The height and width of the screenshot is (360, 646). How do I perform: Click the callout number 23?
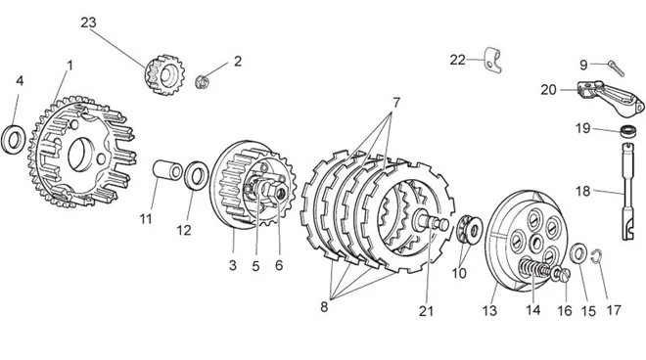click(88, 22)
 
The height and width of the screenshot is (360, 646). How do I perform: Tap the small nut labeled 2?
click(202, 81)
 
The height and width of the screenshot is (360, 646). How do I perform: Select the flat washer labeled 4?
click(14, 140)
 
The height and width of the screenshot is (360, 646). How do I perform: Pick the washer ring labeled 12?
click(196, 176)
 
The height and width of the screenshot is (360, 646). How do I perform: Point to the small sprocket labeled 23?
click(164, 75)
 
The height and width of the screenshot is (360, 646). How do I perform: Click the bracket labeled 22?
click(492, 60)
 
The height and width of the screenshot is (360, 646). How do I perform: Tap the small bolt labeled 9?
click(617, 67)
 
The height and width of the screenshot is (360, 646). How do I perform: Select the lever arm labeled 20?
click(610, 97)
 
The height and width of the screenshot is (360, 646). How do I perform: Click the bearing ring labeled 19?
click(628, 131)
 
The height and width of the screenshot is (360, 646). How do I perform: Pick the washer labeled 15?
click(578, 253)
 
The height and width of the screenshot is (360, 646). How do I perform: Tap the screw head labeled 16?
click(563, 275)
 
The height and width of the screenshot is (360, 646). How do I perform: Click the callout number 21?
click(426, 310)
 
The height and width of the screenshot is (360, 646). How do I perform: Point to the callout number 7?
click(396, 102)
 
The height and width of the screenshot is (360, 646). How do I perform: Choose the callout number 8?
click(324, 307)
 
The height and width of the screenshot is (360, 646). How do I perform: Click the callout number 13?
click(489, 310)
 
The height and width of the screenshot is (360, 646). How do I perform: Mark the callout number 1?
click(69, 66)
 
